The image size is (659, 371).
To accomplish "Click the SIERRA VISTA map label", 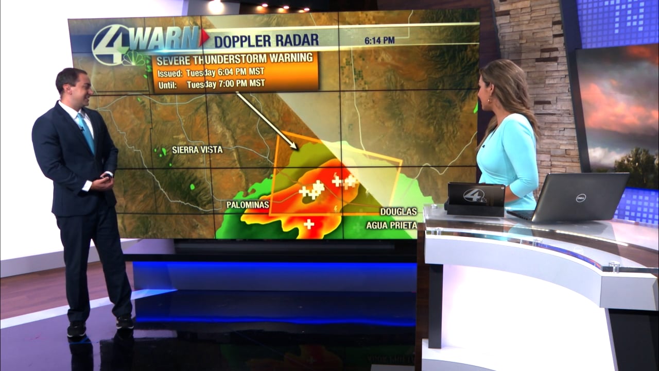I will pos(197,150).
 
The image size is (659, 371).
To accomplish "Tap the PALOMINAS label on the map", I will pos(248,205).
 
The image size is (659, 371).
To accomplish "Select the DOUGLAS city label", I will pos(398,212).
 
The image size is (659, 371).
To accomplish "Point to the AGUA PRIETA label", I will pos(391,225).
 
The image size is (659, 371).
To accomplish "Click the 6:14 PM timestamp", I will pos(379,40).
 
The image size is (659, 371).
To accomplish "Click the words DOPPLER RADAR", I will pos(266,40).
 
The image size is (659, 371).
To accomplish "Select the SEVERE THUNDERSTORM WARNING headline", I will pos(235,58).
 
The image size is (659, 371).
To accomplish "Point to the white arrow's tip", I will pos(296,148).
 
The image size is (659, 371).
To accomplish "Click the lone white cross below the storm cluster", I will pos(309,224).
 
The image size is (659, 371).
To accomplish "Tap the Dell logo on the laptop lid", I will pos(581,197).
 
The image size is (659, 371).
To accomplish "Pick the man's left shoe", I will pos(125,323).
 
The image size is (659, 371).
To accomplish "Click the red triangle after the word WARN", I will pos(204,37).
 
